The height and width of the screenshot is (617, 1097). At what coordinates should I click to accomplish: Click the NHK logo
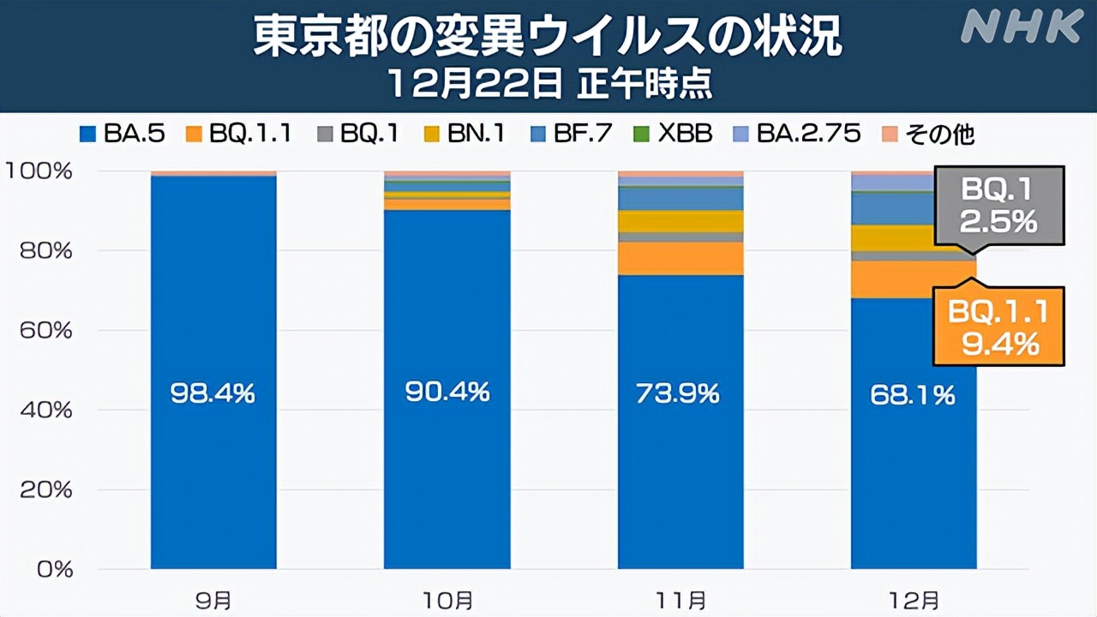1021,27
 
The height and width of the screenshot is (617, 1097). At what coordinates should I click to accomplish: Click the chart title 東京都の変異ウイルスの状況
548,39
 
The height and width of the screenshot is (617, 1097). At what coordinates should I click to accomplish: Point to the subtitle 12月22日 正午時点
548,85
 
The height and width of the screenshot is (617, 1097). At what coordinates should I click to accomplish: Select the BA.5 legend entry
121,134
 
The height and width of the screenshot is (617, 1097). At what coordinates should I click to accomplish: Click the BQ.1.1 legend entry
238,134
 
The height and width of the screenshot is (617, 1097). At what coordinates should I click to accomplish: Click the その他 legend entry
928,134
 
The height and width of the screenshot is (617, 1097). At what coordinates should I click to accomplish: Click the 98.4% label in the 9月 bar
213,393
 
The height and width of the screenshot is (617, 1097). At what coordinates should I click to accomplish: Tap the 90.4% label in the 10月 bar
447,392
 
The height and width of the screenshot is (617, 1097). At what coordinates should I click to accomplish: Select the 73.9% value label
680,393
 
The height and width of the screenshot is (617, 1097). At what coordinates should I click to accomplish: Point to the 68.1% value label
913,395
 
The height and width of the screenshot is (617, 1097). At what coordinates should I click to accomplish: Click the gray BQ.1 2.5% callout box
998,207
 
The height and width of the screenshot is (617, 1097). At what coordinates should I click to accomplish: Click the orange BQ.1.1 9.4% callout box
998,326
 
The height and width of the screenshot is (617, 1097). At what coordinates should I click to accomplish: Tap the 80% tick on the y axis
51,251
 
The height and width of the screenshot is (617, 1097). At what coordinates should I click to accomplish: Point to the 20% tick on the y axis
51,490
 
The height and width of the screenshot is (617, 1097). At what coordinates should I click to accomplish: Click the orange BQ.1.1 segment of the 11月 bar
680,259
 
